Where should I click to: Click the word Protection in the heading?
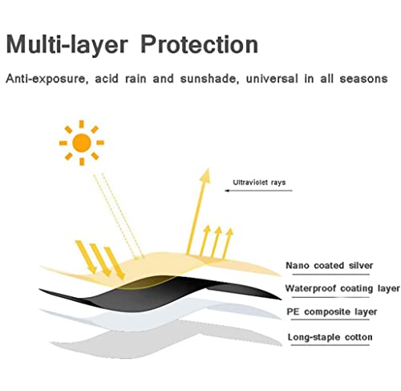[199, 44]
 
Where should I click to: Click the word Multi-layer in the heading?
[67, 45]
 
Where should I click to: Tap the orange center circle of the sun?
[82, 143]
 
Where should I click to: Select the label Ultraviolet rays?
[259, 182]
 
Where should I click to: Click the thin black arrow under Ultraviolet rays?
[258, 190]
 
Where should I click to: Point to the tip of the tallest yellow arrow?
[208, 169]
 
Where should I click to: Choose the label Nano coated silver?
[330, 266]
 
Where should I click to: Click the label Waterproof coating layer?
[342, 288]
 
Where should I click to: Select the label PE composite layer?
[332, 312]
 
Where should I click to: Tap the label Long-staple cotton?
[330, 337]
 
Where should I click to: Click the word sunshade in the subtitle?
[209, 79]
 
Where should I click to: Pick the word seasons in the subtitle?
[363, 79]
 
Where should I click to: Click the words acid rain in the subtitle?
[121, 79]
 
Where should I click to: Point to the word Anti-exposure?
[47, 79]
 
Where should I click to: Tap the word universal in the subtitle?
[272, 79]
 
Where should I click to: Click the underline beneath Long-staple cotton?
[330, 345]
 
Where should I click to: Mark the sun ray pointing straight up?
[82, 124]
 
